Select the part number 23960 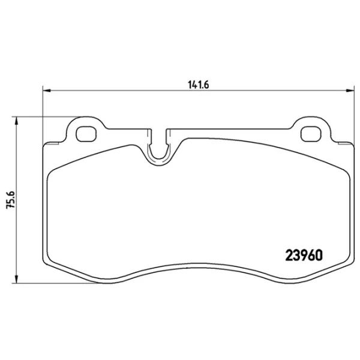tap(302, 254)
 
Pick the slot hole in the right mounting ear tap(310, 132)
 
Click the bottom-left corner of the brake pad tap(47, 263)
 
